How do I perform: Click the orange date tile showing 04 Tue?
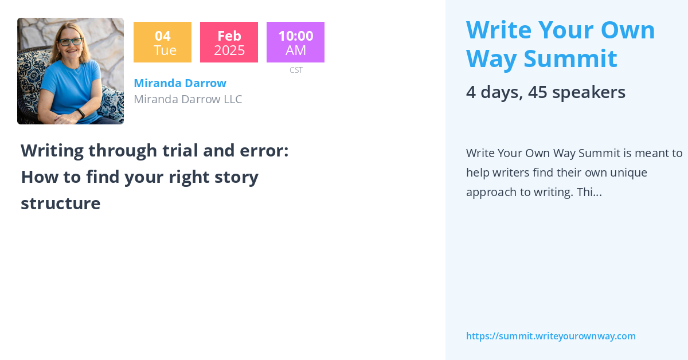162,42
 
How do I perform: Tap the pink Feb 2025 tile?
229,42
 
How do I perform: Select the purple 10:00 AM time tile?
295,42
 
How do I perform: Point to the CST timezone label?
296,70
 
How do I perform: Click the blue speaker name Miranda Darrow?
180,83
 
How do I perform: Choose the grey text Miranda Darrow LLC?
188,99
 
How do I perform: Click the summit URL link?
551,336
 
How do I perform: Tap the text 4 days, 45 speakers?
546,92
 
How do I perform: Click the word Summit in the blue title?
570,58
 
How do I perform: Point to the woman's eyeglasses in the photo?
71,41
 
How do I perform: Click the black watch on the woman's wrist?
81,113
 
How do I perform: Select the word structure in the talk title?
61,204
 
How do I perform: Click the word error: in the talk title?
264,151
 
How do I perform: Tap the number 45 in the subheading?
538,92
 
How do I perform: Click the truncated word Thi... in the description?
589,192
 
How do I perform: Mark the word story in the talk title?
236,177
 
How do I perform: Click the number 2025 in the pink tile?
229,50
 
